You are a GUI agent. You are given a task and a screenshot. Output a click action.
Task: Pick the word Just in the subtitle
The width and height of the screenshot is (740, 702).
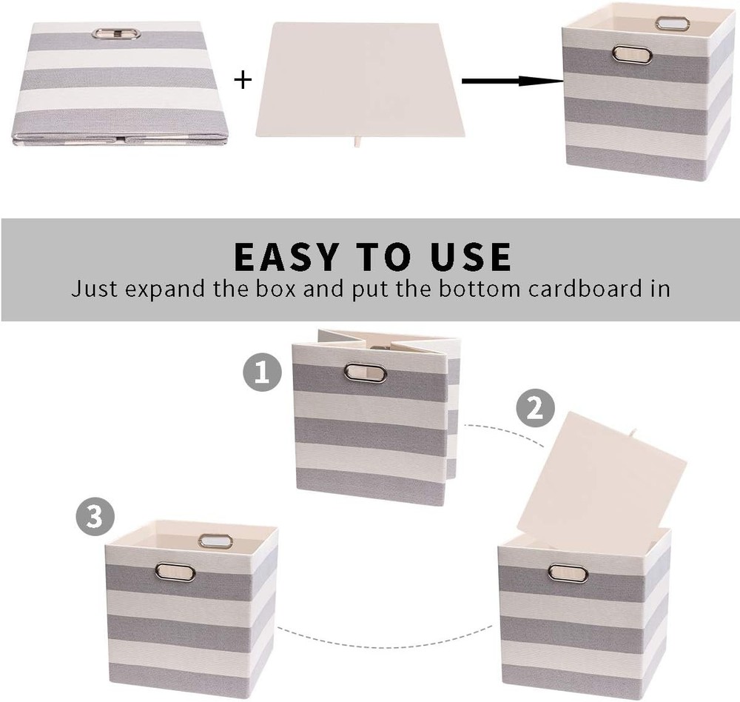pos(94,288)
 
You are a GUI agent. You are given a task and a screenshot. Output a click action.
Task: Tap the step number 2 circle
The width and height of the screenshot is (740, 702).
pos(534,408)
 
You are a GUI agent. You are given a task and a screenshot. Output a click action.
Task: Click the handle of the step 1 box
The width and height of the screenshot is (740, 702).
pos(366,372)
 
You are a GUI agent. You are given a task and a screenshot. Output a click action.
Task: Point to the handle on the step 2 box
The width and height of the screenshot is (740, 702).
pos(567,572)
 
